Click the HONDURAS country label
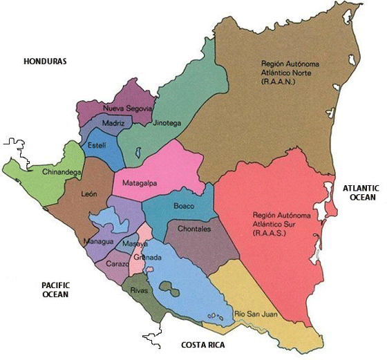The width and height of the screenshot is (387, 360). (x=45, y=61)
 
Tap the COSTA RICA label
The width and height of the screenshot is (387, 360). (x=202, y=345)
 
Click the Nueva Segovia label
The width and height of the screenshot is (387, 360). (x=127, y=108)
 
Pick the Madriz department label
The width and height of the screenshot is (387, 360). (x=113, y=123)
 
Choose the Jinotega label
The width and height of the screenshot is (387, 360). (x=168, y=123)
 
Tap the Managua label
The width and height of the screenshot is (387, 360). (x=97, y=242)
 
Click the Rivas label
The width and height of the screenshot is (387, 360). (x=139, y=290)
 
